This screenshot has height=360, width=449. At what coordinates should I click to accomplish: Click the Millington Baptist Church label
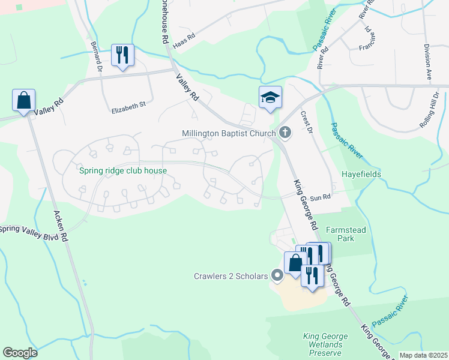229,133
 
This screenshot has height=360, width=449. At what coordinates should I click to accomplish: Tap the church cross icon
285,133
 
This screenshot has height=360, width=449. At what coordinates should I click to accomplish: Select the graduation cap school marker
270,98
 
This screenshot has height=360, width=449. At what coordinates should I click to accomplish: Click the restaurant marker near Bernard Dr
122,56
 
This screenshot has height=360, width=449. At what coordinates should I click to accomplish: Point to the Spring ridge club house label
123,170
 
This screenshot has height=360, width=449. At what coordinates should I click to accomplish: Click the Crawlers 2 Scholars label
230,276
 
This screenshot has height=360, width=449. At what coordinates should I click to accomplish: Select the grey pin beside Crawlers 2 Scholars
277,276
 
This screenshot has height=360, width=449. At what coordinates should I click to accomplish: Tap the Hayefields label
362,174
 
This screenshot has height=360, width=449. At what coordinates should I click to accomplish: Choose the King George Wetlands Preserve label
322,345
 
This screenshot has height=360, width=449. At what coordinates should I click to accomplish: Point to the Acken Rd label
61,225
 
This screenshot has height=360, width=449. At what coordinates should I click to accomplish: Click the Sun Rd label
322,197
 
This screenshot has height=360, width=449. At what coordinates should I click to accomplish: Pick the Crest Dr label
307,119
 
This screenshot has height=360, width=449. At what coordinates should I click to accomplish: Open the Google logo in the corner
20,353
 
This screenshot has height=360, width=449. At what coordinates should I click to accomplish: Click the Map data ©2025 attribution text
423,355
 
